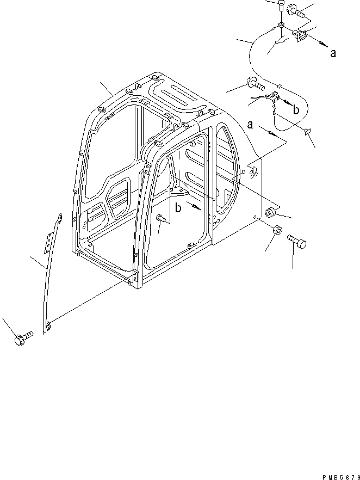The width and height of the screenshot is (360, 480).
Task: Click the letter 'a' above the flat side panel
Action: (251, 125)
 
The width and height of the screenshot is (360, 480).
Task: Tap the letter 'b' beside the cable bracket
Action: (296, 109)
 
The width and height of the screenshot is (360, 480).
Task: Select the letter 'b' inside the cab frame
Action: (178, 207)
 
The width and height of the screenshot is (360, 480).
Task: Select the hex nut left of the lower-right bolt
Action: (276, 230)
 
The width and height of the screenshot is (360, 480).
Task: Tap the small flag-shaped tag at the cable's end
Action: (307, 131)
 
